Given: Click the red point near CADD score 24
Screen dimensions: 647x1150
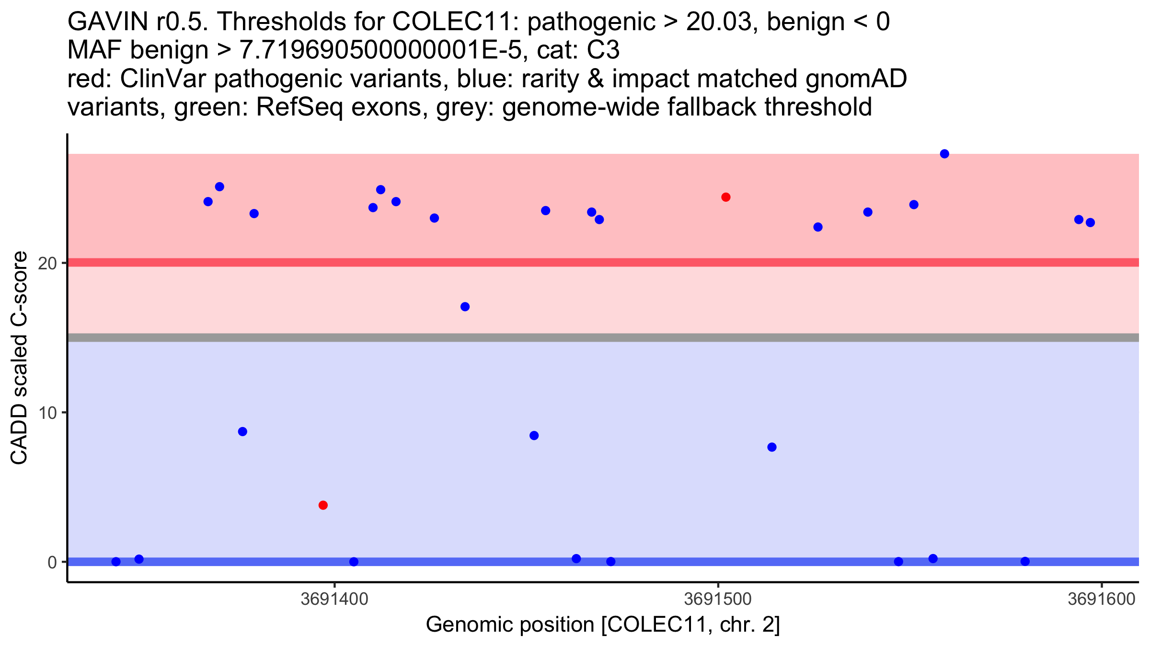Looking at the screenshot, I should tap(725, 197).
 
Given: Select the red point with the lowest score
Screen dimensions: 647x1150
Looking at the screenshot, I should tap(323, 505).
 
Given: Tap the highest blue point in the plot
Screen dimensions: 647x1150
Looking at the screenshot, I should tap(944, 154).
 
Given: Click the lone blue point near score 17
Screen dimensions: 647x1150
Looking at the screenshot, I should tap(465, 307).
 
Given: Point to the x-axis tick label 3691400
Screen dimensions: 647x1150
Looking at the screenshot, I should tap(334, 599).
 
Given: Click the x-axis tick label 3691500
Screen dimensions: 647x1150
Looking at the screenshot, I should tap(718, 599).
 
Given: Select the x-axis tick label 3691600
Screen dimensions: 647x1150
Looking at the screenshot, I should tap(1101, 599).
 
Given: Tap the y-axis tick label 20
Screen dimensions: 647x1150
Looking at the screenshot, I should tap(47, 263).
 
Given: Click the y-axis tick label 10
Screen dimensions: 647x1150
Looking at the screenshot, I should tap(47, 413).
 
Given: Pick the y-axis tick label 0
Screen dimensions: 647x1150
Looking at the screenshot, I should tap(52, 562).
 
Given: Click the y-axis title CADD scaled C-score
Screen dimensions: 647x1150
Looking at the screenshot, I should tap(19, 358).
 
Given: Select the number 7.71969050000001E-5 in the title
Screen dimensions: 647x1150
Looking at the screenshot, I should tap(380, 50).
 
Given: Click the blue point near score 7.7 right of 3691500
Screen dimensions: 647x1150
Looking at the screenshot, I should tap(771, 447).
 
